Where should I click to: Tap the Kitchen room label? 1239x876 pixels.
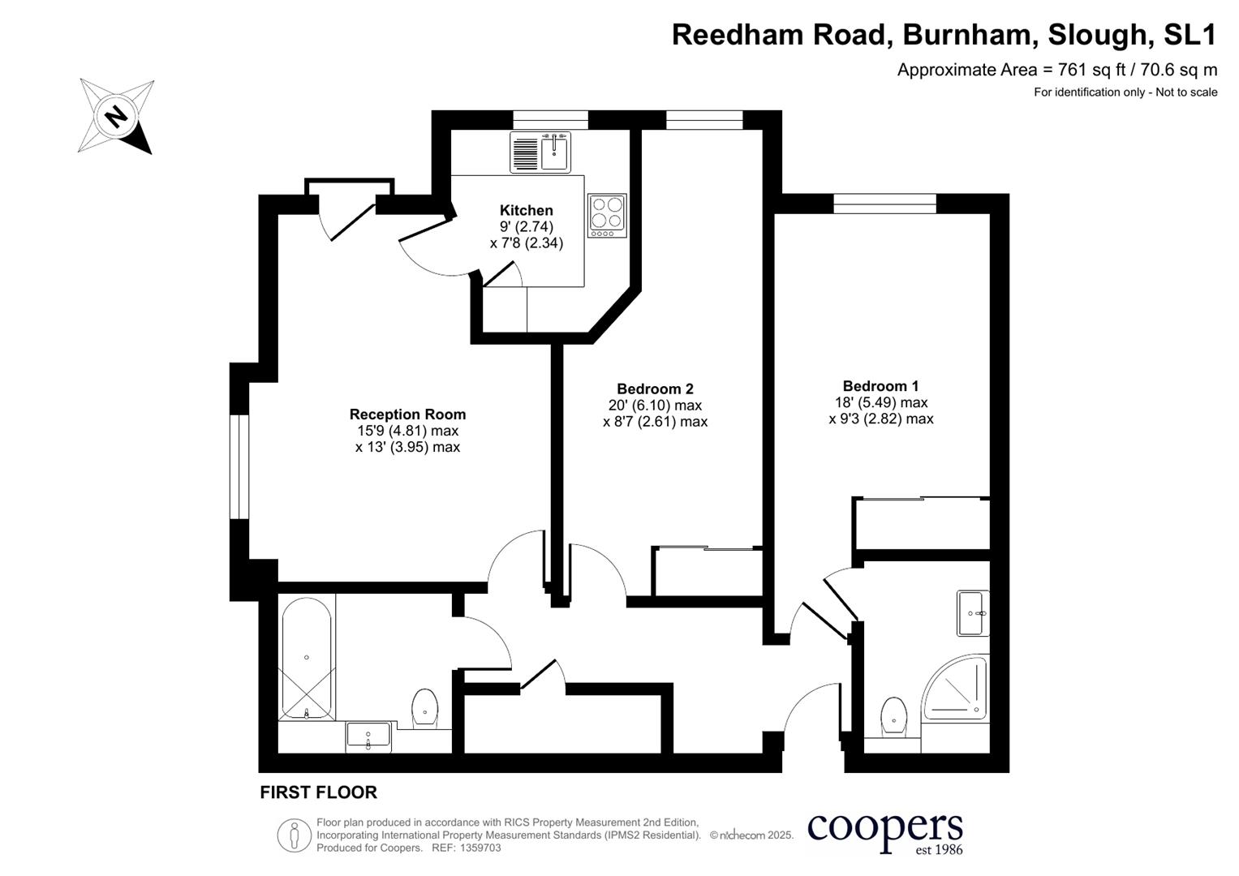coord(526,211)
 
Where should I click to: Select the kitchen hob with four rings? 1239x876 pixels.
coord(607,215)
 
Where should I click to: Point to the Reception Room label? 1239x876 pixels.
coord(407,414)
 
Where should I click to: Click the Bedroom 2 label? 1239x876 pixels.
coord(655,389)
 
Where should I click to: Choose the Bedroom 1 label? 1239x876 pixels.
coord(880,386)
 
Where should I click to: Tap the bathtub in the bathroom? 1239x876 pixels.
coord(306,657)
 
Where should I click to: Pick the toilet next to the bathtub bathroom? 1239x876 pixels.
coord(425,707)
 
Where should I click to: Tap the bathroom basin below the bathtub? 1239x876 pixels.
coord(368,736)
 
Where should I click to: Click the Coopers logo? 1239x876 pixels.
coord(884,832)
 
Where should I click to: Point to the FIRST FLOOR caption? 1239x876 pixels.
coord(318,792)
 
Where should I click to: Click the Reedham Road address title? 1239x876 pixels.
coord(944,35)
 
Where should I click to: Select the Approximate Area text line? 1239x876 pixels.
coord(1056,70)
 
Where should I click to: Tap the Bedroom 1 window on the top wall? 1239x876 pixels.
coord(884,203)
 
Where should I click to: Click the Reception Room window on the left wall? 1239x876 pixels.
coord(239,466)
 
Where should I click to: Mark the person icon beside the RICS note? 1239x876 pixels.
coord(295,835)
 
